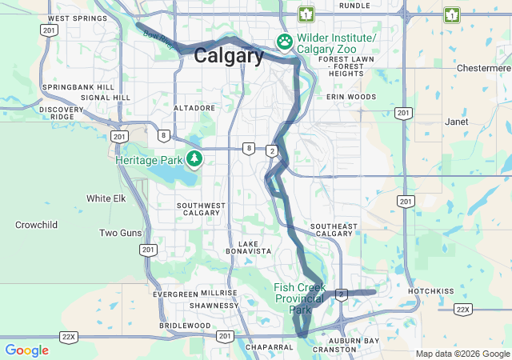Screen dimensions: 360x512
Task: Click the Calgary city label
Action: (x=229, y=56)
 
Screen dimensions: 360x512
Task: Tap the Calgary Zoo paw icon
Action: (x=285, y=41)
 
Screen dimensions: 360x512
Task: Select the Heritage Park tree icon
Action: (x=194, y=159)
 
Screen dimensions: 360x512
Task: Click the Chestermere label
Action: (x=478, y=69)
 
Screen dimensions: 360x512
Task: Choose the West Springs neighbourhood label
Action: (x=77, y=18)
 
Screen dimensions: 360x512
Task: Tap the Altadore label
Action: (x=194, y=107)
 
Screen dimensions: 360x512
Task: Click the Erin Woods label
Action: (x=350, y=97)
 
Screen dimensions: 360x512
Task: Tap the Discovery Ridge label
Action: (x=62, y=113)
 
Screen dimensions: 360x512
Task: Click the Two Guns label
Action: (x=121, y=233)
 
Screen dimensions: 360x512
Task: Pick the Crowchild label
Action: (x=36, y=225)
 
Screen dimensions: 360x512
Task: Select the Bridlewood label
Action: (x=185, y=326)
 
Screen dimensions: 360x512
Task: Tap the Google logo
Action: (x=26, y=350)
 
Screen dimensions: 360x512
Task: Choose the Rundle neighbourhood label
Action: (x=354, y=5)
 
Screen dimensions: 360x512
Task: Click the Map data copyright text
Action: (x=462, y=354)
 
